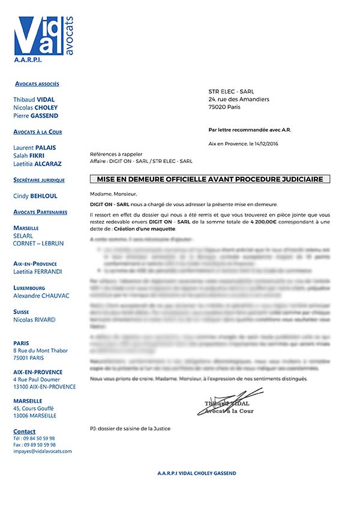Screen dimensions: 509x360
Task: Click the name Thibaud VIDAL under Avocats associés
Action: (x=34, y=100)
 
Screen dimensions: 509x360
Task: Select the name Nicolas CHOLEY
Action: (x=35, y=107)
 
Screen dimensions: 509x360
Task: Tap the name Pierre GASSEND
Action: (x=35, y=116)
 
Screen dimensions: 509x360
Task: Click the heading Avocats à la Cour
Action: (x=37, y=132)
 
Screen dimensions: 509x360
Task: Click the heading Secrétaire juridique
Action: (x=39, y=180)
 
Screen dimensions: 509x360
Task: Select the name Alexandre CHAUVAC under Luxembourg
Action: (x=41, y=296)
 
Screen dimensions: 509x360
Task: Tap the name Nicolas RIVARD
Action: (x=35, y=320)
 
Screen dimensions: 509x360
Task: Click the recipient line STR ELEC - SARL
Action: (x=231, y=91)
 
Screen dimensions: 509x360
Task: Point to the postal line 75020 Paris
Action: (x=225, y=107)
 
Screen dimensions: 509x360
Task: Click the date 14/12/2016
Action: (x=265, y=144)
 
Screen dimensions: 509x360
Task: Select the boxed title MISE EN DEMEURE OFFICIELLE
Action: (x=210, y=179)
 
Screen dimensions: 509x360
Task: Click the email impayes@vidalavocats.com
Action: (x=42, y=451)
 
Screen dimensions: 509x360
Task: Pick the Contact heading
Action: (x=24, y=431)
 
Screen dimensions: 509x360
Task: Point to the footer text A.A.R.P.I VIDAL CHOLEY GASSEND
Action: (x=196, y=473)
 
